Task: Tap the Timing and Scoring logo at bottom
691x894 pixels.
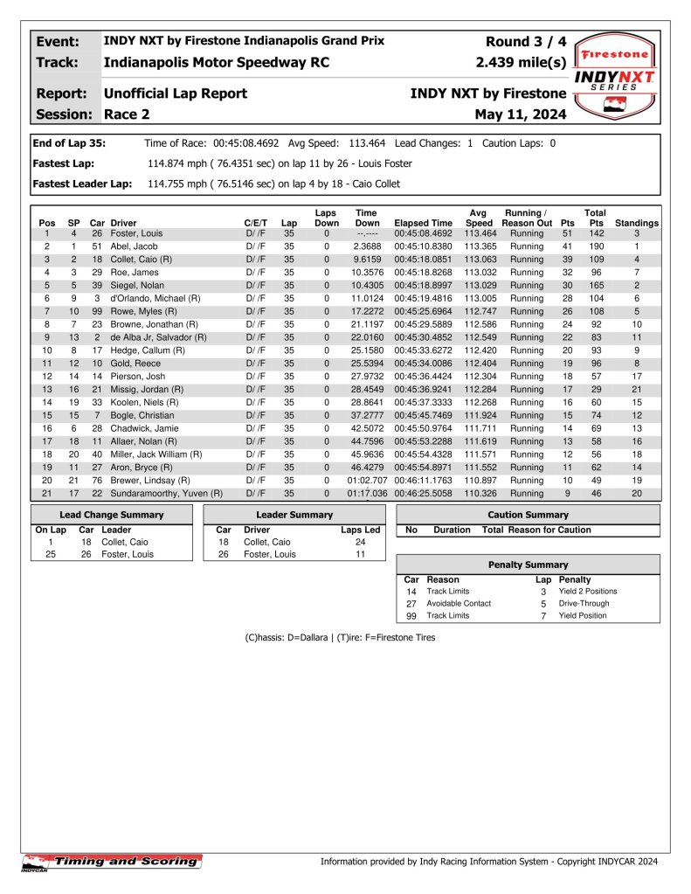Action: pos(111,862)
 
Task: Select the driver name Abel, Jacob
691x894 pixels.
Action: pos(134,246)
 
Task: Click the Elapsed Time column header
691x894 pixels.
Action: pos(424,223)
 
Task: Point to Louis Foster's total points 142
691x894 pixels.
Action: pos(595,233)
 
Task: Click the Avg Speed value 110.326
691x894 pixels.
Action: pos(478,493)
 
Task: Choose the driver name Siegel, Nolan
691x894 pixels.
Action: pos(137,286)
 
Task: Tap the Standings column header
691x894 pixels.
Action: pos(637,223)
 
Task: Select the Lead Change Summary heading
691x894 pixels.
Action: pos(111,515)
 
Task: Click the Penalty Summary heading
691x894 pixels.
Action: pos(528,565)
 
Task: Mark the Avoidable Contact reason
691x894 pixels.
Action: pos(459,603)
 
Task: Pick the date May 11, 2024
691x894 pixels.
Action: pos(521,114)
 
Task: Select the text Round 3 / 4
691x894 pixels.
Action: pos(526,42)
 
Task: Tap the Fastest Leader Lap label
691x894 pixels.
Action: pos(82,184)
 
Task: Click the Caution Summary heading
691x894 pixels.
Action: pos(528,515)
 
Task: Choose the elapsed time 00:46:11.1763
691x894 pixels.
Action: pos(424,480)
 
